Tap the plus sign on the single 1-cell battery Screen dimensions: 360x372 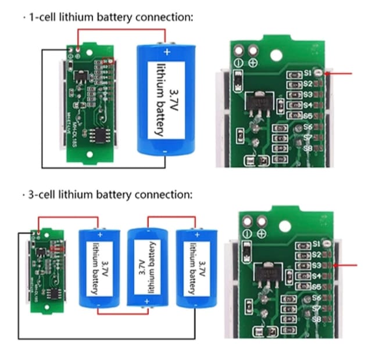167,52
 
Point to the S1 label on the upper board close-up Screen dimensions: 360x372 307,73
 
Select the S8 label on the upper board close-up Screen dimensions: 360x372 307,148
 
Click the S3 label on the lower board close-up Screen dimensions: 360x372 316,265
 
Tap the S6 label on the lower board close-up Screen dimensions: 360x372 316,297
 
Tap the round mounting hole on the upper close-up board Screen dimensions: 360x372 277,56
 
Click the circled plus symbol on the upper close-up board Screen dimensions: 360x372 253,63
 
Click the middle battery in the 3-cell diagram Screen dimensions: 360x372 147,267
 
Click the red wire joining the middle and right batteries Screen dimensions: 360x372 171,217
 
